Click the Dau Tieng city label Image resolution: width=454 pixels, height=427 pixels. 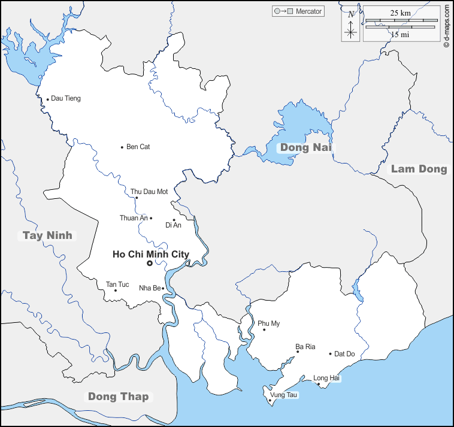click(66, 98)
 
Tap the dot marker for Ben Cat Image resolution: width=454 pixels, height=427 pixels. click(122, 147)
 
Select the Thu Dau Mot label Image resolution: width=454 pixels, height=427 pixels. click(149, 192)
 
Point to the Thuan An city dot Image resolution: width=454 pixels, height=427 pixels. click(151, 218)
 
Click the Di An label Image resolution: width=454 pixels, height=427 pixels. click(172, 225)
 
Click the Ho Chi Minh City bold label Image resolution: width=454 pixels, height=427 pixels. click(151, 254)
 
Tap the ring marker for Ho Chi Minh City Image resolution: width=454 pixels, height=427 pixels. click(150, 263)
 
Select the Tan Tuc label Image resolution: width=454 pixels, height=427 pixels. click(117, 284)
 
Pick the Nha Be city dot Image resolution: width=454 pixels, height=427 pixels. click(163, 288)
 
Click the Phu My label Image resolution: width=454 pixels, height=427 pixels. click(269, 323)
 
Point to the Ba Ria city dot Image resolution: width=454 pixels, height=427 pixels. click(298, 352)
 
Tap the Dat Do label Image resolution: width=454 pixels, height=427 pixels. click(344, 354)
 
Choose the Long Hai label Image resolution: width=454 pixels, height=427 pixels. click(326, 378)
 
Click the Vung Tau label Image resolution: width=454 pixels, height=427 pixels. click(284, 395)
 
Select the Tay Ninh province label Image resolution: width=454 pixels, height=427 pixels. click(47, 235)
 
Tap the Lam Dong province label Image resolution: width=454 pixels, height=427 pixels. click(419, 169)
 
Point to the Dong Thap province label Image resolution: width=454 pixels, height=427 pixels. click(118, 396)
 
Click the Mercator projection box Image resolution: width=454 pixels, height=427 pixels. click(298, 11)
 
